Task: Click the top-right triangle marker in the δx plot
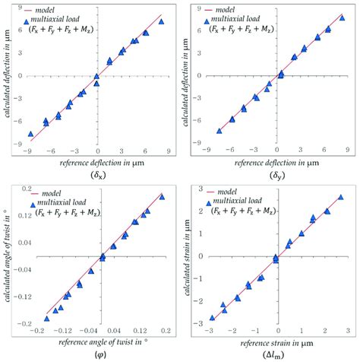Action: tap(161, 21)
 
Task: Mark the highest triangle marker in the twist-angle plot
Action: tap(162, 196)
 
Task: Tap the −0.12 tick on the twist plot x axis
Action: tap(64, 331)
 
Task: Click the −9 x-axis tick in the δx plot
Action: tap(27, 151)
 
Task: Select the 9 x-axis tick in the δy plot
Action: tap(346, 151)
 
